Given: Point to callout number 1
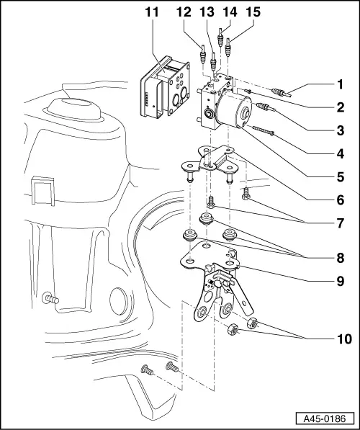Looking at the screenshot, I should (x=340, y=85).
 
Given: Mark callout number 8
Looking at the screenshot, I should (x=340, y=256).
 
